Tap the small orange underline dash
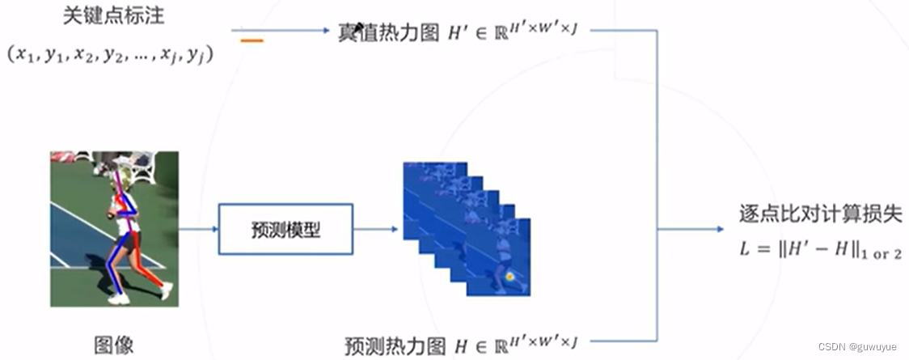(252, 40)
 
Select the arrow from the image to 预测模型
(198, 229)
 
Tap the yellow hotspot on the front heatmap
(510, 277)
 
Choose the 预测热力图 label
(395, 345)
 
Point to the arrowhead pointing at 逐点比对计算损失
(719, 229)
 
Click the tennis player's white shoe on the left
(119, 299)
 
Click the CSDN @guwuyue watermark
(857, 346)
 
